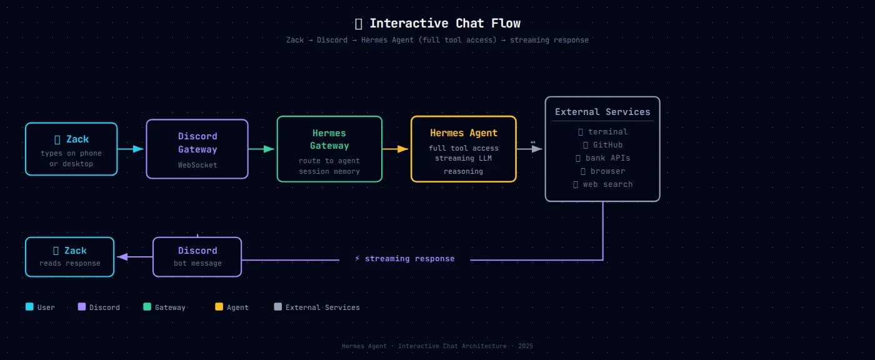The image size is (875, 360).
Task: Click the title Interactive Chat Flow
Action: pos(444,24)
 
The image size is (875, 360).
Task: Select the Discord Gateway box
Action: pos(197,149)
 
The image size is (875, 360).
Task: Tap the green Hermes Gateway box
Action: pos(329,149)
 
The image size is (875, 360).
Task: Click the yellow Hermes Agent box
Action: pos(464,149)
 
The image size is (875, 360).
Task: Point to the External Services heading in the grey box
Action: pos(602,112)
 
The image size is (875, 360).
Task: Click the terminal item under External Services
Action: pos(602,132)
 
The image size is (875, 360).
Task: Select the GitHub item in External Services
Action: pos(602,145)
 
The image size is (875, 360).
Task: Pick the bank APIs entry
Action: pos(602,158)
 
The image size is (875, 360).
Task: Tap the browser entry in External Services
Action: pos(602,171)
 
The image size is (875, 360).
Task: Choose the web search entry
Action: pos(602,184)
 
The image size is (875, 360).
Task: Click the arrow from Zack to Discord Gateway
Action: pos(131,149)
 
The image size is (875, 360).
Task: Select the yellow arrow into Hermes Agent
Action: pos(395,149)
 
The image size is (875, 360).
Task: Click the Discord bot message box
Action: pos(197,256)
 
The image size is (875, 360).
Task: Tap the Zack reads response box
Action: pos(70,256)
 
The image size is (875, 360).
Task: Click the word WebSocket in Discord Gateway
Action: pos(197,166)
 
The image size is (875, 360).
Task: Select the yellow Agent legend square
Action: pos(219,307)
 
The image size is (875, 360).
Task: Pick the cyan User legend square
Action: pos(29,307)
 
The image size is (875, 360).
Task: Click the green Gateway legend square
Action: pos(147,307)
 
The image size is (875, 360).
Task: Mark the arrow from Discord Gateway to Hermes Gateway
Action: pos(261,149)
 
